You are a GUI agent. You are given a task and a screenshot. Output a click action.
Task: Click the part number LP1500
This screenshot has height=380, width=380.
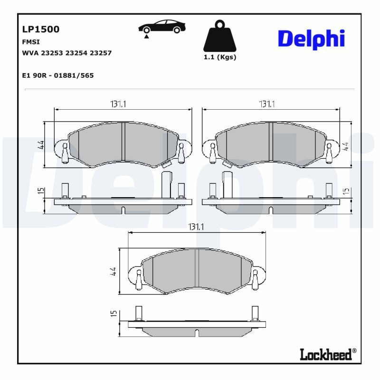point(41,29)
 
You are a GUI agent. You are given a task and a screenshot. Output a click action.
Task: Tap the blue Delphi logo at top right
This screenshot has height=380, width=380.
point(311,39)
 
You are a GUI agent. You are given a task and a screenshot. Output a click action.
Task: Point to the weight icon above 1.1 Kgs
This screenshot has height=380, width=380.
point(219,36)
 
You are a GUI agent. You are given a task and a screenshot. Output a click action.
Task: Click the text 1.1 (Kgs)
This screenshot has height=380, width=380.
point(219,57)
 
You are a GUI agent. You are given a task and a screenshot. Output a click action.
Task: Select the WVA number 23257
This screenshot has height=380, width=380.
point(101,53)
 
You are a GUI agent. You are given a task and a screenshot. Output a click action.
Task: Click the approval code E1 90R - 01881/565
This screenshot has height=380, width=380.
point(58,76)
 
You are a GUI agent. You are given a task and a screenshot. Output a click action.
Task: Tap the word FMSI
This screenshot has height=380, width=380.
point(31,41)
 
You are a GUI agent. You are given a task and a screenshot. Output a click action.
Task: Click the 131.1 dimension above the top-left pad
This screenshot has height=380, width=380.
point(118,104)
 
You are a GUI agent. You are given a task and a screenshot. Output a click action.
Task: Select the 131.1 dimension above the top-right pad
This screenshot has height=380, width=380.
point(266,104)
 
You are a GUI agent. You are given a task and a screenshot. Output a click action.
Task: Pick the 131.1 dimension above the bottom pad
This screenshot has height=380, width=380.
point(197,228)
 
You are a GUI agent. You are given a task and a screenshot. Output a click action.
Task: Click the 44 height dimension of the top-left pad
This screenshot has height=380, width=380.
point(41,145)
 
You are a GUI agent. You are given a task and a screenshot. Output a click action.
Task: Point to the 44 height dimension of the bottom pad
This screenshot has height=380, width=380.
point(114,272)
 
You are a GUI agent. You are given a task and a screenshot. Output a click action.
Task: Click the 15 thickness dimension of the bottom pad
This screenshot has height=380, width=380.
point(114,313)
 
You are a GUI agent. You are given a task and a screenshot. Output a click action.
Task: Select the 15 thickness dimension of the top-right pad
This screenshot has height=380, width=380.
point(346,191)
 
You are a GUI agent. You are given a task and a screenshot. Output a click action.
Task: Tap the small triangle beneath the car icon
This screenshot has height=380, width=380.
point(147,36)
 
